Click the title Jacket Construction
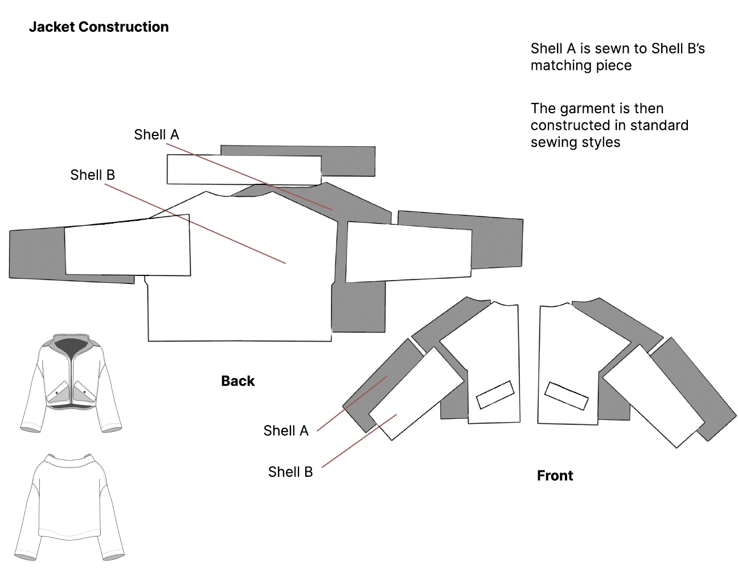(99, 27)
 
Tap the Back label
(237, 381)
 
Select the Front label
(555, 476)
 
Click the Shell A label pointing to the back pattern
(156, 135)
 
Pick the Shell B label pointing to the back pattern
(92, 175)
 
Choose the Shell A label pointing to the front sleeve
(285, 431)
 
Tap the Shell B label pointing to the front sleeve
(290, 472)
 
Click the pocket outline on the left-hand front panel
(495, 394)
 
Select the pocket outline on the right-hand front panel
(566, 395)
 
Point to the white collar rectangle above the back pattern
(244, 170)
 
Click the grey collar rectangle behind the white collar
(348, 161)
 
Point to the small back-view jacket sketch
(69, 506)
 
